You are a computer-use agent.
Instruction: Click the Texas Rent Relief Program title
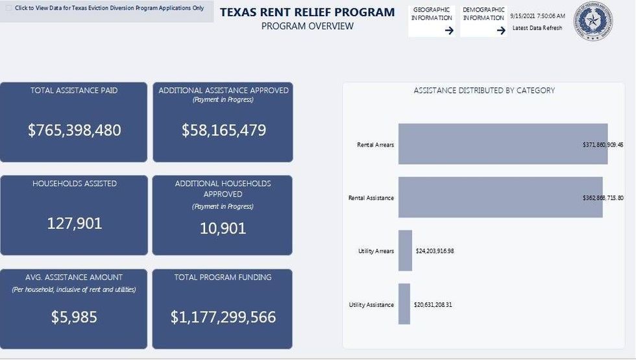coord(307,12)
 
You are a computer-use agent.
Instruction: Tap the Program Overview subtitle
coord(307,27)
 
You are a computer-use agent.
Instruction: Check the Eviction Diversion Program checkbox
coord(9,8)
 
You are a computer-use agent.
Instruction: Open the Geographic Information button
coord(432,21)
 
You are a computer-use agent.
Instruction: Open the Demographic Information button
coord(483,21)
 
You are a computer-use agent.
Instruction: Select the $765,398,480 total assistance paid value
coord(74,130)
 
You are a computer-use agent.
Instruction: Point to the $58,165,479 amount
coord(223,130)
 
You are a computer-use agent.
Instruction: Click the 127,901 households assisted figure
coord(74,224)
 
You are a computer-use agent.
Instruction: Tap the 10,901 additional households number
coord(223,228)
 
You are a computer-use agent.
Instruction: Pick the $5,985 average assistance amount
coord(74,317)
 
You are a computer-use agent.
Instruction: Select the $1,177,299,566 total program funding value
coord(223,317)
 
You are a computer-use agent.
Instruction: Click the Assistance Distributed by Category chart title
coord(484,91)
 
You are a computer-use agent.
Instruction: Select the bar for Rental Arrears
coord(502,144)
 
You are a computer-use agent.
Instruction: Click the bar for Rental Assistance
coord(500,197)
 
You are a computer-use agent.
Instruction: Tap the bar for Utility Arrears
coord(405,250)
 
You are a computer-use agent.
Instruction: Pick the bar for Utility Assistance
coord(404,304)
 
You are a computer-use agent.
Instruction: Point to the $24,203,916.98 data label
coord(435,251)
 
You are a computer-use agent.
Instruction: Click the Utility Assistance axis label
coord(371,304)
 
